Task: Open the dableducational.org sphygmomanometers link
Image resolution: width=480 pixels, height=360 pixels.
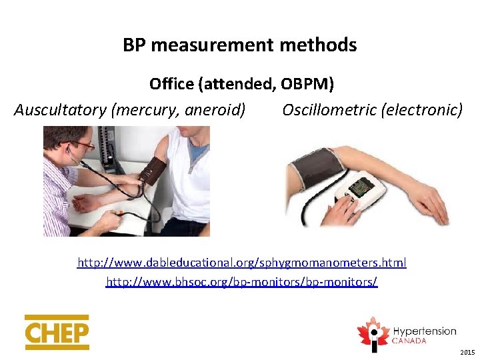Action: click(242, 263)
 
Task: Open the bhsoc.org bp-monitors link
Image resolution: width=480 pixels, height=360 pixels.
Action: click(242, 282)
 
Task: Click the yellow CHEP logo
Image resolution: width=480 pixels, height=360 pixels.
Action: click(57, 332)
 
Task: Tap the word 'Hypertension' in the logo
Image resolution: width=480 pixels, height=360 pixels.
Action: click(424, 331)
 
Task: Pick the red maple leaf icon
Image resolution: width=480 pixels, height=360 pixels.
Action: click(373, 332)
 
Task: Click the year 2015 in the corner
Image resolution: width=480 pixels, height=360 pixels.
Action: click(468, 351)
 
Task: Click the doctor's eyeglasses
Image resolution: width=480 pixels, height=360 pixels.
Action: click(83, 143)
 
